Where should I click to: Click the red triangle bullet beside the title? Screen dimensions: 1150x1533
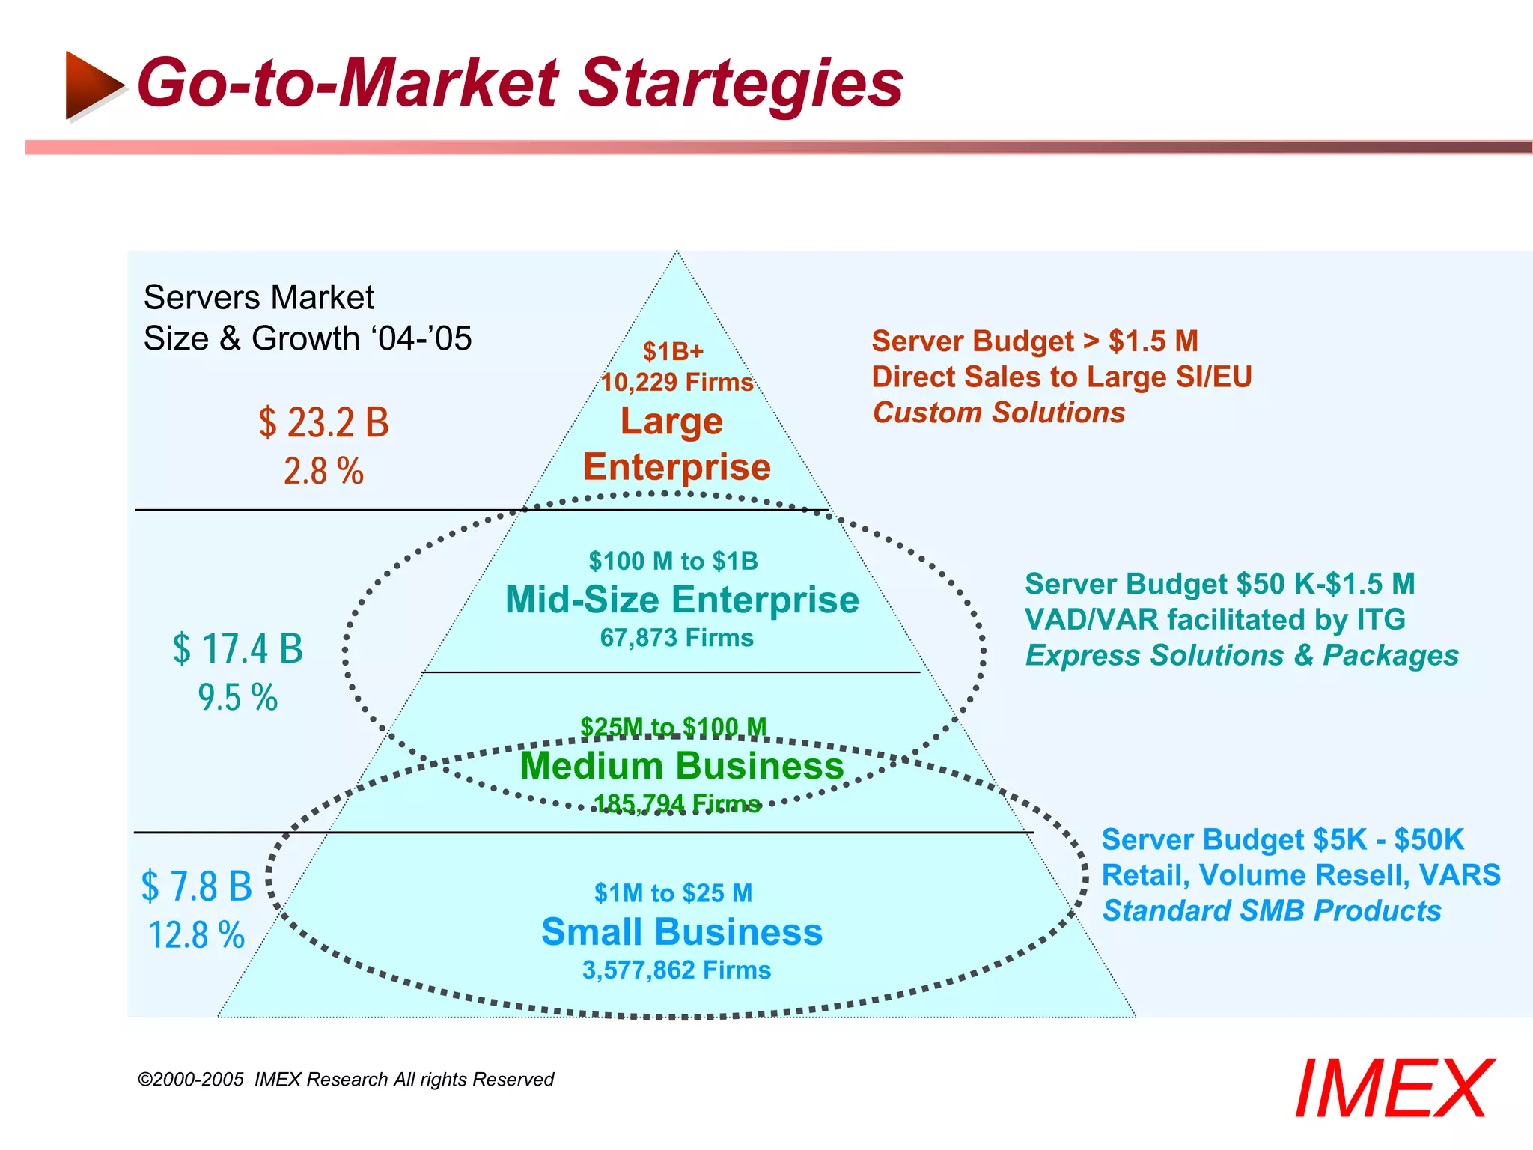(94, 85)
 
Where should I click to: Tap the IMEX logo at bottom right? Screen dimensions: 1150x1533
(1394, 1089)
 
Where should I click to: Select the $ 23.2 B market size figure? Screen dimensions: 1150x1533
(324, 423)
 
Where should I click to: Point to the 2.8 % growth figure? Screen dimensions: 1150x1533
(323, 472)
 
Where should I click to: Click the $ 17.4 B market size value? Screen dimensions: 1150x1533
(238, 648)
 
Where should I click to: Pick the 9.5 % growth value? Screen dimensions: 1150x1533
(238, 698)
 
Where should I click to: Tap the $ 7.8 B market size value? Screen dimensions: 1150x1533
(197, 886)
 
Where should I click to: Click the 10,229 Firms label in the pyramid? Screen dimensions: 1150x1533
(677, 383)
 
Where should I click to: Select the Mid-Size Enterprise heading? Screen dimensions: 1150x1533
(682, 600)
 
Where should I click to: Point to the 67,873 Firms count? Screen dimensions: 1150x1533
(677, 638)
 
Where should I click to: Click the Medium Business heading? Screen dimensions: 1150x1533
(682, 766)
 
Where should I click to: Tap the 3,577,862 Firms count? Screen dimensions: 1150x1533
(677, 970)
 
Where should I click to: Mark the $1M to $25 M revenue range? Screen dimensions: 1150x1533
(673, 893)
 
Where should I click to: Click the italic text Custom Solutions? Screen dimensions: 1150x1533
(999, 413)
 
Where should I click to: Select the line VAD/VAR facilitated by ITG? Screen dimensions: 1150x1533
(1215, 620)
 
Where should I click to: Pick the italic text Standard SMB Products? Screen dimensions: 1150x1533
(1272, 911)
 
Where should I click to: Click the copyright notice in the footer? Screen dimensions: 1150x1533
(346, 1080)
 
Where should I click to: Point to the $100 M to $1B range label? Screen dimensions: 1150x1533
(673, 561)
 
